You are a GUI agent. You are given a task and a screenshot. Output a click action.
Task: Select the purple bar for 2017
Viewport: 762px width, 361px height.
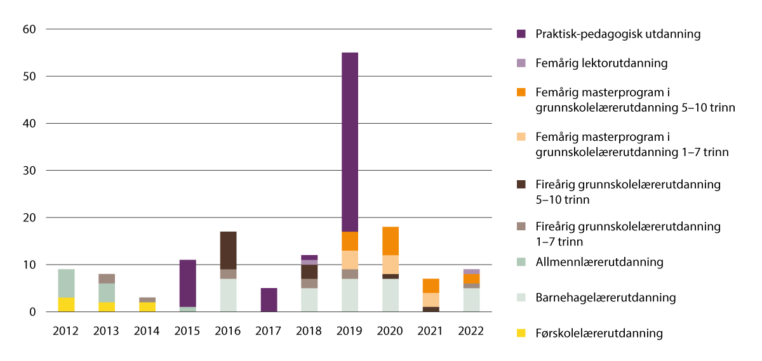point(269,300)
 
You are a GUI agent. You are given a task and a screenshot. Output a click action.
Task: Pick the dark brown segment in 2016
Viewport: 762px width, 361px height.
point(228,251)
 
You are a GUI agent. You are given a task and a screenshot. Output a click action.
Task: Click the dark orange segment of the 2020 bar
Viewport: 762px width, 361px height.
point(390,241)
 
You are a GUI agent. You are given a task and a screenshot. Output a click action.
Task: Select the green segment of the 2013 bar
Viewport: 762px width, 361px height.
point(106,292)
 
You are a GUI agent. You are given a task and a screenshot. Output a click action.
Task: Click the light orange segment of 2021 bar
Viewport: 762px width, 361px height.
point(431,300)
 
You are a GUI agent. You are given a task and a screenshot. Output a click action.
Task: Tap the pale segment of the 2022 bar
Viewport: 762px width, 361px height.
point(471,300)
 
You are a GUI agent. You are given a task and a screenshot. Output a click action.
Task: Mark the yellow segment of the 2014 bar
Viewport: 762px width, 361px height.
point(147,307)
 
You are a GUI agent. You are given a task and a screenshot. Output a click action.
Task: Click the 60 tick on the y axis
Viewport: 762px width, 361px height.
point(30,29)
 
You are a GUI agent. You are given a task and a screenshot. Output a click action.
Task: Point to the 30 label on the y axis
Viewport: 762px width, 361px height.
point(30,171)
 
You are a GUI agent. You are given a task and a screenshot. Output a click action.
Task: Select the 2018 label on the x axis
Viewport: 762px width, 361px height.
point(309,331)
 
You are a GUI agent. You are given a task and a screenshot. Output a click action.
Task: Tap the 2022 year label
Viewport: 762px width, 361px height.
point(471,331)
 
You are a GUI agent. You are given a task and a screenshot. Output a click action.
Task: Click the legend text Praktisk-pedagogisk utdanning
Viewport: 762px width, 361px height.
point(618,34)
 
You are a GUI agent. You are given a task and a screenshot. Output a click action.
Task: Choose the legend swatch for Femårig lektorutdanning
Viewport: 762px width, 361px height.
point(522,63)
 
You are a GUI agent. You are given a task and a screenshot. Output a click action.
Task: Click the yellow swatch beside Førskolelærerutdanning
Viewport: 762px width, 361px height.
point(522,333)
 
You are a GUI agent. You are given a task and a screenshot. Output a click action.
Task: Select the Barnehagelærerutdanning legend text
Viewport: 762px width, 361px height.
point(605,298)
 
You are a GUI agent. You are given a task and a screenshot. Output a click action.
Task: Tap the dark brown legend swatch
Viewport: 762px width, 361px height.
point(522,185)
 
